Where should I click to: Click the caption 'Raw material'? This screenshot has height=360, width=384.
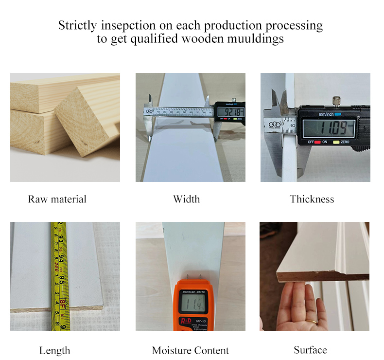click(57, 199)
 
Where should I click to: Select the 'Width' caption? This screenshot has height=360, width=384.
click(186, 199)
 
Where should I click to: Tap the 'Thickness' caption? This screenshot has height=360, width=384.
click(312, 199)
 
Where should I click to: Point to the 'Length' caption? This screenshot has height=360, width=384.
click(54, 350)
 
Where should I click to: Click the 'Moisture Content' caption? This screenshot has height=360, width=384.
click(190, 350)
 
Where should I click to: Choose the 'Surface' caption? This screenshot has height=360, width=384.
click(310, 350)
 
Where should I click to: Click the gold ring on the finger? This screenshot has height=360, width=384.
click(314, 322)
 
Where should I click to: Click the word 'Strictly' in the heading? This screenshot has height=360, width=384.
click(77, 25)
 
